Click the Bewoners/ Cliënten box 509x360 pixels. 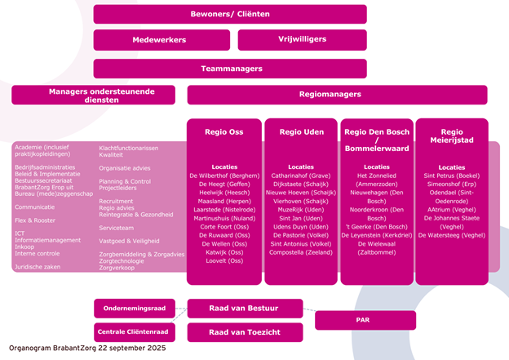230,14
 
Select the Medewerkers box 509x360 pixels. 160,39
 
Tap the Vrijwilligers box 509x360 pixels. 302,39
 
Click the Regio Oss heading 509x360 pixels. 224,131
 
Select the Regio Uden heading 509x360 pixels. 301,131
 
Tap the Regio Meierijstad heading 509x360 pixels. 451,136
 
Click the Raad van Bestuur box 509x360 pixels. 245,308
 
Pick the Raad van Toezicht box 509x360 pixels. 245,332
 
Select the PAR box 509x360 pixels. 362,320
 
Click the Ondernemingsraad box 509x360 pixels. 135,309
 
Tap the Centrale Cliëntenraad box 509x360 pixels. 133,332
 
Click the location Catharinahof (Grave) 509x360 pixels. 301,175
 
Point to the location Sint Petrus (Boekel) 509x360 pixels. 451,175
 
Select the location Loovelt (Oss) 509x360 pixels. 224,260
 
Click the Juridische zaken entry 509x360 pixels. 40,266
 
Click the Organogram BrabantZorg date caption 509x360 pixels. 87,348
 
